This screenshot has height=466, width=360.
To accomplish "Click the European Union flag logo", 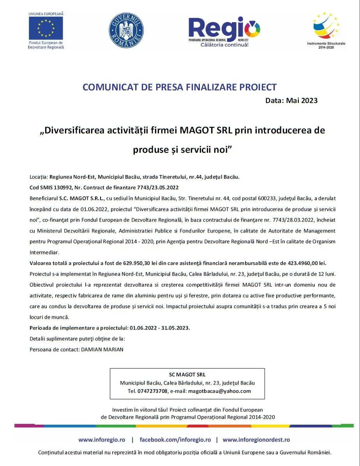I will click(46, 28).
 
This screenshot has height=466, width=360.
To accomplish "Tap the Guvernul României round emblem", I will click(126, 30).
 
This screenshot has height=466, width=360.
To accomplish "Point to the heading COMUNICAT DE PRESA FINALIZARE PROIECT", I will click(179, 87).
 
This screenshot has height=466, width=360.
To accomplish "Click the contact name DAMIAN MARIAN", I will click(102, 349).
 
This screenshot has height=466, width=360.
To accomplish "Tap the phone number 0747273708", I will click(152, 391).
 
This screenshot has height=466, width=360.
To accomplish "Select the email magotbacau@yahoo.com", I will click(219, 391).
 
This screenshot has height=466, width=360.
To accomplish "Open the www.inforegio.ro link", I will click(102, 439).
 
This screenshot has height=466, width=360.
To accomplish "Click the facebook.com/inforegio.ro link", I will click(175, 439).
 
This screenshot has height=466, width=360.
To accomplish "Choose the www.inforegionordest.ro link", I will click(256, 439).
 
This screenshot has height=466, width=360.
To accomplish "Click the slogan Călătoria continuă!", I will click(224, 45).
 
